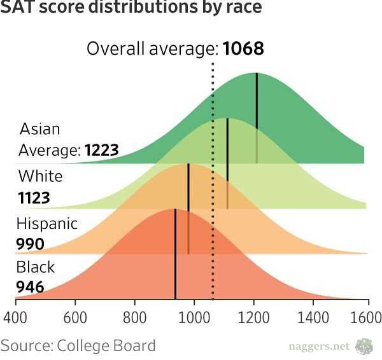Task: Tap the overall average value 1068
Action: pyautogui.click(x=243, y=48)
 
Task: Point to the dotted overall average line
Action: pyautogui.click(x=213, y=191)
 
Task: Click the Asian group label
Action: pyautogui.click(x=39, y=129)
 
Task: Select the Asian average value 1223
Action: pyautogui.click(x=101, y=151)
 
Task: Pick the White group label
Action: pyautogui.click(x=41, y=176)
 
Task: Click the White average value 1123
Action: pyautogui.click(x=34, y=198)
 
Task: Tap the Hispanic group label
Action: pyautogui.click(x=47, y=224)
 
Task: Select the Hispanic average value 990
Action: pyautogui.click(x=30, y=244)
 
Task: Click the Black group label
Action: pyautogui.click(x=36, y=267)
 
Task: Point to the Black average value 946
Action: pyautogui.click(x=30, y=287)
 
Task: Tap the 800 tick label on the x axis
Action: pyautogui.click(x=135, y=316)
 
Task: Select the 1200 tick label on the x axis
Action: pyautogui.click(x=253, y=316)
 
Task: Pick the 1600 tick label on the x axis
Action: pyautogui.click(x=367, y=316)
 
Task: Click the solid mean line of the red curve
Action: pyautogui.click(x=175, y=254)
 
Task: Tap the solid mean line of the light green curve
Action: pyautogui.click(x=227, y=159)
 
